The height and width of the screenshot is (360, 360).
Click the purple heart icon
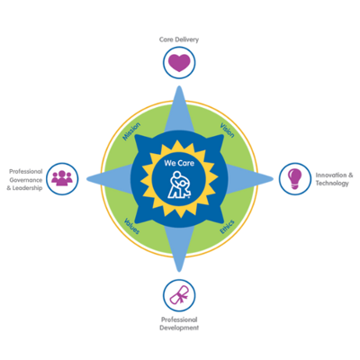coord(179,63)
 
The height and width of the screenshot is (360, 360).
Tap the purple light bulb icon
coord(294,179)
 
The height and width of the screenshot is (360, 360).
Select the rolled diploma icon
coord(179,295)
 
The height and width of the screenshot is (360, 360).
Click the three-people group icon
coord(62,177)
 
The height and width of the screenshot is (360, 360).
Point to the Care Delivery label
coord(179,40)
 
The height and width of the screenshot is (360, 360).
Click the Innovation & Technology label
coord(334,179)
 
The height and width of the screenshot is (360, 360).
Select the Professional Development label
coord(179,324)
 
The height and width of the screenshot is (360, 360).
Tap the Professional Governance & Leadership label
coord(25,180)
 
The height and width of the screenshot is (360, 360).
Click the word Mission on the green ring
coord(131,131)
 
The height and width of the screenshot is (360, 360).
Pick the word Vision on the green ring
coord(227,130)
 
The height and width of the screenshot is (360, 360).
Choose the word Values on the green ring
coord(131,226)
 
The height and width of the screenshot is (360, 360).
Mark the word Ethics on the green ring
coord(227,227)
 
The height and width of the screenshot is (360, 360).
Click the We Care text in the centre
coord(179,163)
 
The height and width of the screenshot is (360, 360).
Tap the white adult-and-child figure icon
coord(179,185)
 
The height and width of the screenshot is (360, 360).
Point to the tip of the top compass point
coord(179,86)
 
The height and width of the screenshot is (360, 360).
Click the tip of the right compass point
coord(273,179)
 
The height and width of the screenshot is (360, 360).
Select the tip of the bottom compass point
coord(179,271)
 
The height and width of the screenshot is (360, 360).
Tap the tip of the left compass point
coord(87,179)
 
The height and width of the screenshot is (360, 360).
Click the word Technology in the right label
coord(332,184)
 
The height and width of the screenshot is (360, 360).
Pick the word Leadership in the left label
coord(27,188)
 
